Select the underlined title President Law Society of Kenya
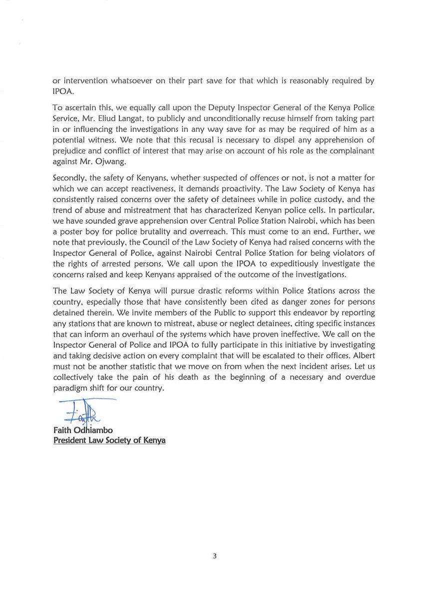(x=109, y=440)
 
